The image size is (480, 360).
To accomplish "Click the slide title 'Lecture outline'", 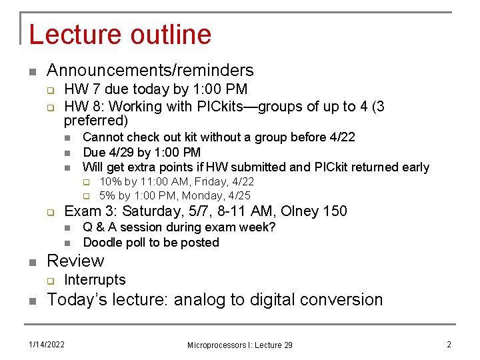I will tap(120, 34).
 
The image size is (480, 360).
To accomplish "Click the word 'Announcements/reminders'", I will tap(150, 70).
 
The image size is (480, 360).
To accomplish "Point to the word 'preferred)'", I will tap(95, 121).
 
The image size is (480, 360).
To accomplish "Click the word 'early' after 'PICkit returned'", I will tap(415, 167).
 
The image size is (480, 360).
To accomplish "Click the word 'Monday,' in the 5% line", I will tap(203, 196).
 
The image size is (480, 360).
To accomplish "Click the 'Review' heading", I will tap(75, 261).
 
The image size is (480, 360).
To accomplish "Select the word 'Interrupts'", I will tap(95, 280).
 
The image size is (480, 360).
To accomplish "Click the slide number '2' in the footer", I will tap(449, 344).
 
